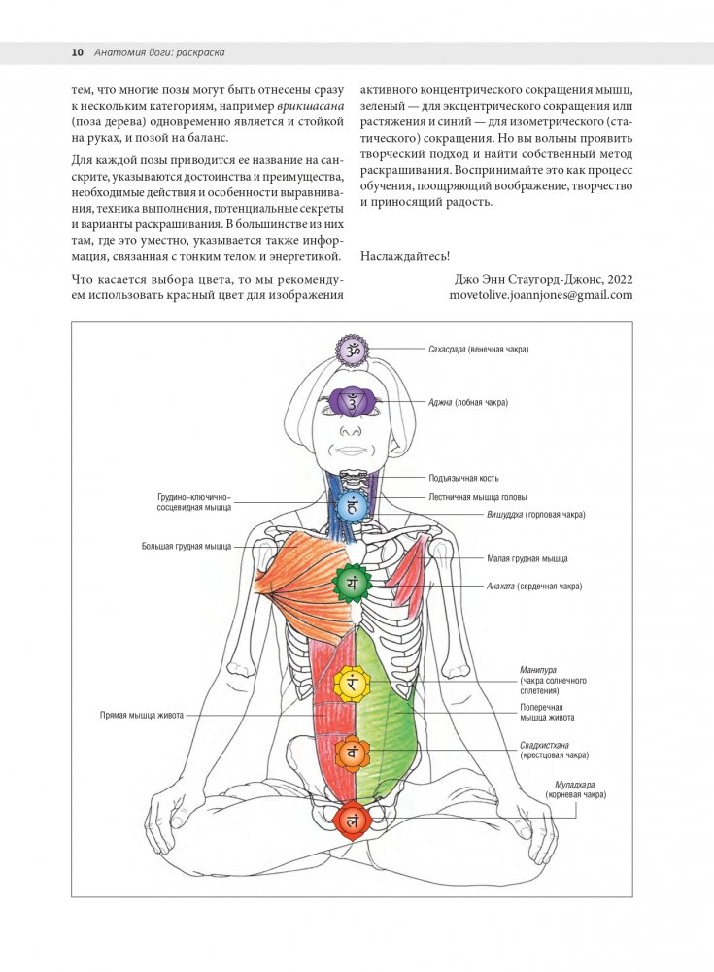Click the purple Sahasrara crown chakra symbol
pos(352,350)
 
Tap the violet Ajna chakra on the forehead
pos(352,400)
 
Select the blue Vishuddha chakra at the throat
pos(353,505)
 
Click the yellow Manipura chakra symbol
pos(352,684)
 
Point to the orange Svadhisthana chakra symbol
pos(352,752)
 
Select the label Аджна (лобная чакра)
pos(469,402)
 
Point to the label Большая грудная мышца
pos(187,547)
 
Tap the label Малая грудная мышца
pos(527,559)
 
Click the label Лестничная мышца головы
pos(480,496)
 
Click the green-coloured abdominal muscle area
pos(389,709)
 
